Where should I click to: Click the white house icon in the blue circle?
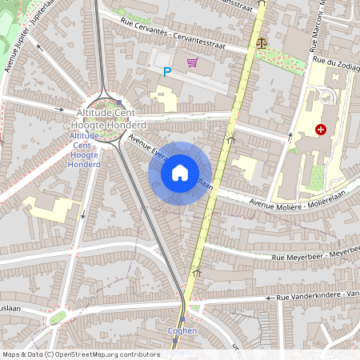click(x=180, y=173)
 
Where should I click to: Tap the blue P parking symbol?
click(x=167, y=72)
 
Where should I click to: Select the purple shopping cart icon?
click(x=192, y=62)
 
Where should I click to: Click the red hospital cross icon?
click(x=321, y=129)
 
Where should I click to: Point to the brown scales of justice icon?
click(x=261, y=43)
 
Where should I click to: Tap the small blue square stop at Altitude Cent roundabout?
click(x=119, y=102)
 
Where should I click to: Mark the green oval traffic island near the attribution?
click(x=57, y=318)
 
